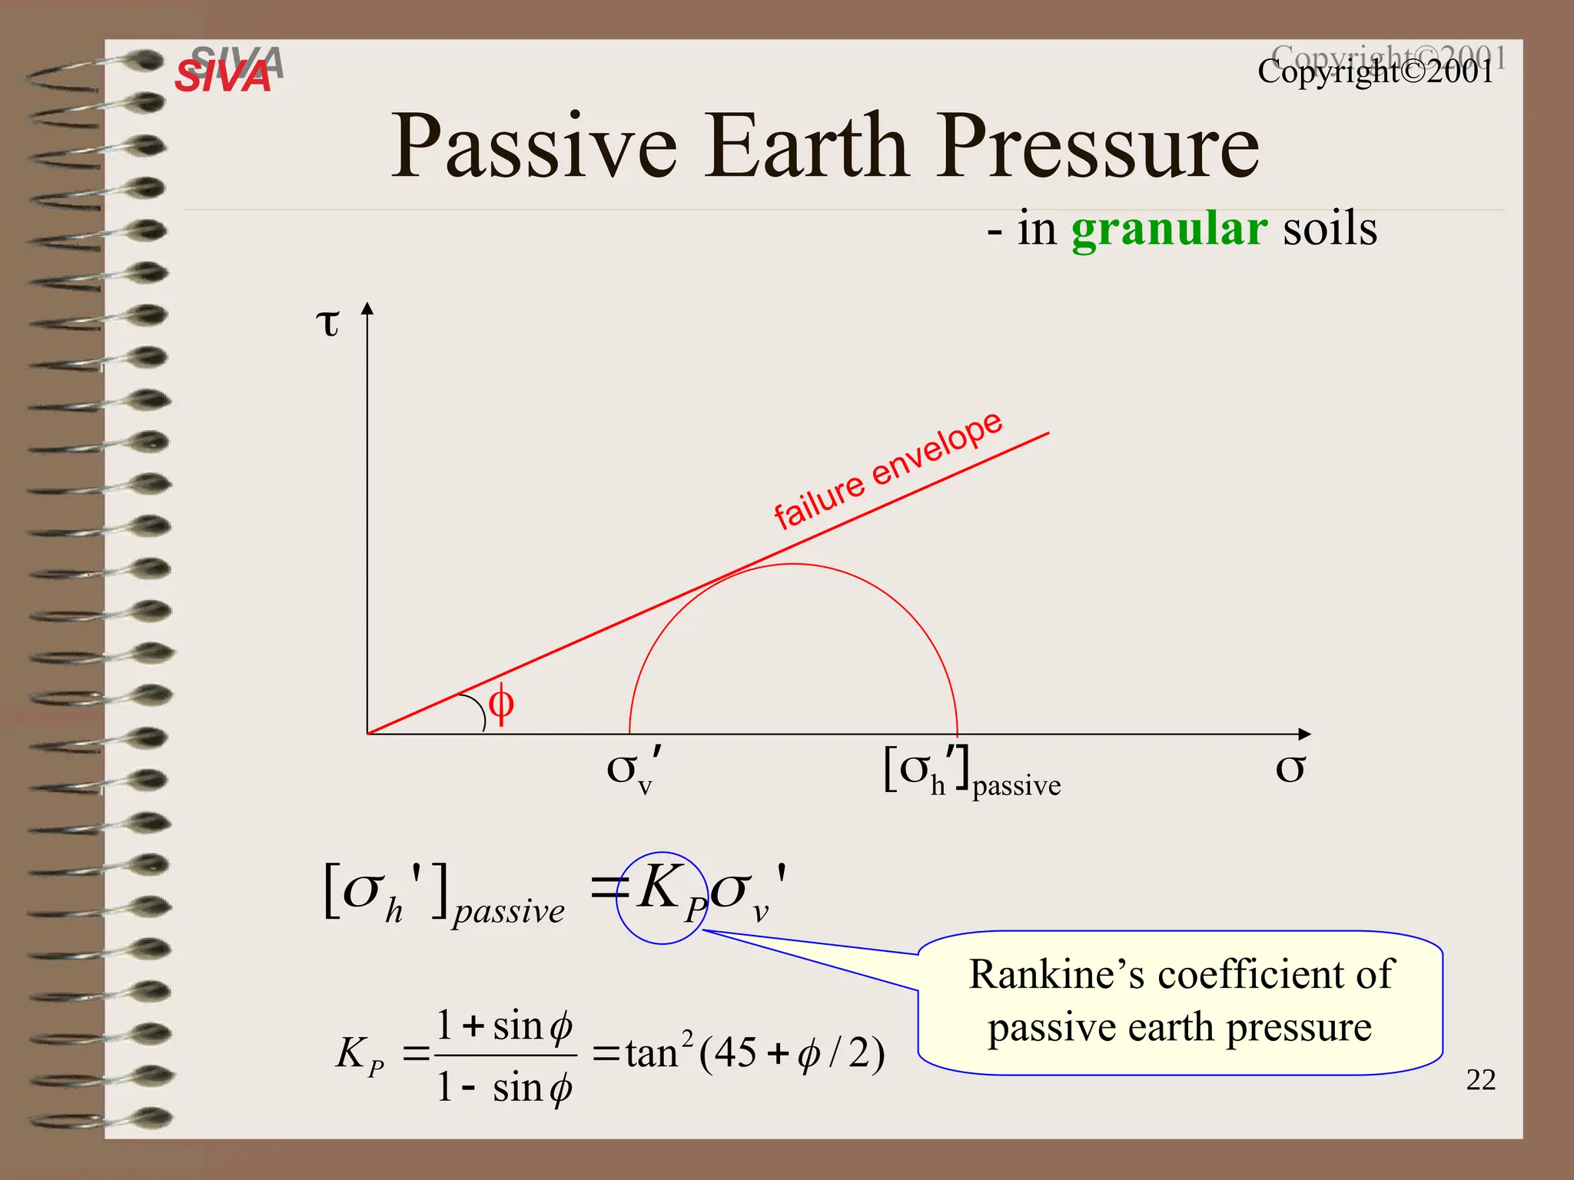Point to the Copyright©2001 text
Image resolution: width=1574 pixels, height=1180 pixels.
click(x=1376, y=71)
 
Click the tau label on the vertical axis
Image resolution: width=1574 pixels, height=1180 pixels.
click(x=328, y=323)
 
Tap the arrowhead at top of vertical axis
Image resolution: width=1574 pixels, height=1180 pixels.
click(x=367, y=309)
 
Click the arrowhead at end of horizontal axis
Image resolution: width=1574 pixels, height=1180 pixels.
click(x=1303, y=734)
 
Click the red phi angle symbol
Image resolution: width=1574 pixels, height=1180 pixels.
click(x=500, y=703)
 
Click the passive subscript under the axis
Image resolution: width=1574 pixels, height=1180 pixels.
click(x=1016, y=786)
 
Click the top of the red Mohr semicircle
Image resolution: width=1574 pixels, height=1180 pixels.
click(x=793, y=565)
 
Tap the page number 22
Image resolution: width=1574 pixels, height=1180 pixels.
click(x=1480, y=1080)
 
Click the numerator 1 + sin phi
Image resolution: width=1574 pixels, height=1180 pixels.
click(x=504, y=1026)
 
